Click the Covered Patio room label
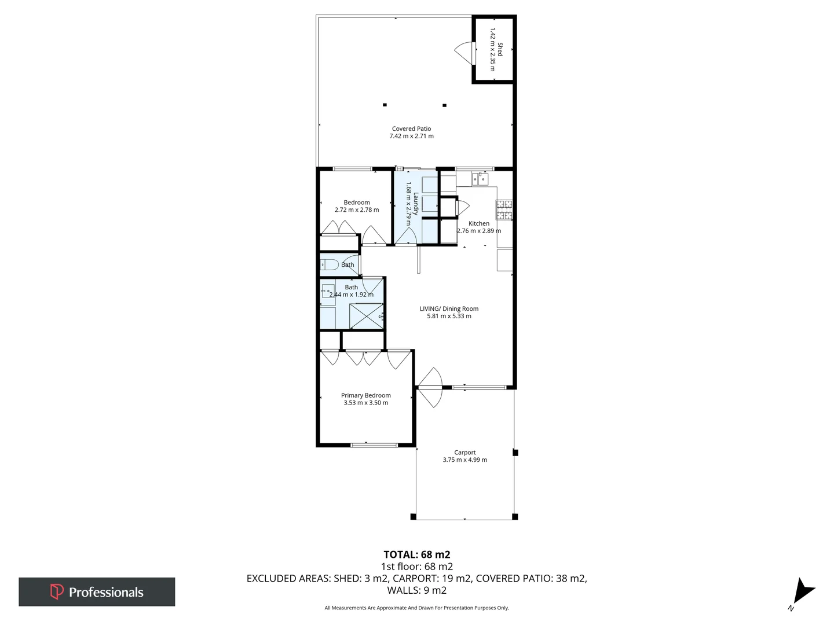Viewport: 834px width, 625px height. [x=411, y=128]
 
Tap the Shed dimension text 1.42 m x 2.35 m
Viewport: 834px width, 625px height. [x=493, y=49]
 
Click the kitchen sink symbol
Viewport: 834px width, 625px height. [x=480, y=179]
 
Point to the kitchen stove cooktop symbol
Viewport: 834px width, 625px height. [x=504, y=210]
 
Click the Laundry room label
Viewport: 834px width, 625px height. [x=415, y=204]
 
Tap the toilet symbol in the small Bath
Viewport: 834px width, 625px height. [x=329, y=265]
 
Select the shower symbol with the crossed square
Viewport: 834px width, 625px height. [x=366, y=316]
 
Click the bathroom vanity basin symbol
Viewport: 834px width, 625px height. [x=328, y=291]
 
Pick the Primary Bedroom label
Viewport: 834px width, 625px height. [x=365, y=395]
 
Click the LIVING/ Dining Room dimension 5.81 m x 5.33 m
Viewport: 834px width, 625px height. [x=449, y=316]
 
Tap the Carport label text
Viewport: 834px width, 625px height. [x=464, y=453]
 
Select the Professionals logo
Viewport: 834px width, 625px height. [x=97, y=591]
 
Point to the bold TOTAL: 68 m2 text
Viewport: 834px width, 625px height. [x=416, y=554]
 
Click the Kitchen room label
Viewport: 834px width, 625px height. [x=479, y=223]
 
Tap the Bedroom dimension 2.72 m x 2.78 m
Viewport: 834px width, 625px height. [x=357, y=209]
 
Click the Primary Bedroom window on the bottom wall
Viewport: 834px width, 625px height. [x=374, y=445]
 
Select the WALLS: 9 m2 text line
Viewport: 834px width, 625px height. [x=416, y=590]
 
